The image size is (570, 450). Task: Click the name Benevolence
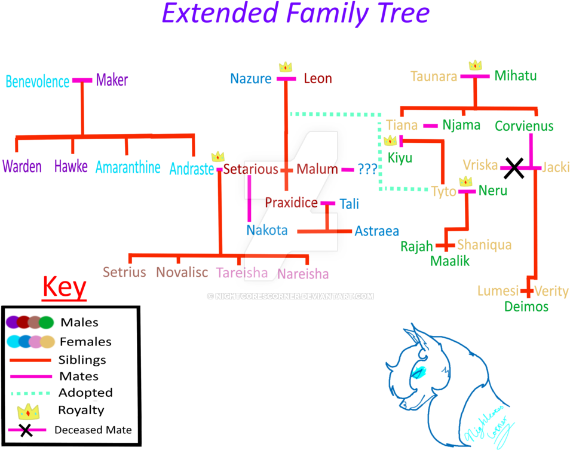point(37,81)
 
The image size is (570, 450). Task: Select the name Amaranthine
point(128,167)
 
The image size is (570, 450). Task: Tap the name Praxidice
point(291,203)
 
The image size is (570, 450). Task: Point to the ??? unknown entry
point(367,169)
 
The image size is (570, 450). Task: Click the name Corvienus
point(524,126)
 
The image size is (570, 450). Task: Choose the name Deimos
point(526,307)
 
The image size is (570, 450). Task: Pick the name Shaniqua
point(484,244)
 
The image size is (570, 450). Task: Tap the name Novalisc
point(182,273)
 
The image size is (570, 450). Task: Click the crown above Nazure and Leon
point(286,66)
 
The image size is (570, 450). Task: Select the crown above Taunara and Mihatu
point(475,65)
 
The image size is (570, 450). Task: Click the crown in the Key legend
point(28,411)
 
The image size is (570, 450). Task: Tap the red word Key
point(65,288)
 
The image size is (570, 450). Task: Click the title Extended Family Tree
point(295,13)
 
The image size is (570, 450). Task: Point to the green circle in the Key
point(47,323)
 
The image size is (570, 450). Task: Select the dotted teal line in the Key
point(30,394)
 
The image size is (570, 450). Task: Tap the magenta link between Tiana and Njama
point(430,125)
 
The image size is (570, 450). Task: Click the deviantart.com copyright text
point(290,296)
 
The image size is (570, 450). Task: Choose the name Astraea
point(376,231)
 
